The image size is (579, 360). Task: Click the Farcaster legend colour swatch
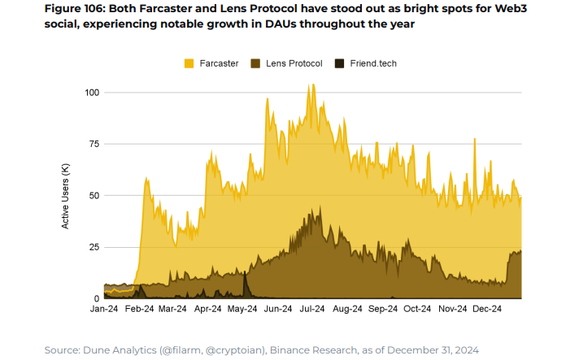click(189, 63)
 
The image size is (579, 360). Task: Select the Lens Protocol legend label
click(294, 63)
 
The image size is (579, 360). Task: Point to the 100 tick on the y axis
click(92, 93)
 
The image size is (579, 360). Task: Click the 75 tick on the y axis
click(94, 144)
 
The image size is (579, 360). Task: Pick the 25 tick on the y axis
click(94, 247)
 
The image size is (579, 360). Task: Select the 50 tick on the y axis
click(94, 196)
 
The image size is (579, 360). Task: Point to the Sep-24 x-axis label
click(382, 310)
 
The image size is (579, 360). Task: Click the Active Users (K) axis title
click(66, 195)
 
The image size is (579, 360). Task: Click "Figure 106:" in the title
click(79, 8)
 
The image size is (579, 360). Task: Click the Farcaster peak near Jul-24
click(310, 85)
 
